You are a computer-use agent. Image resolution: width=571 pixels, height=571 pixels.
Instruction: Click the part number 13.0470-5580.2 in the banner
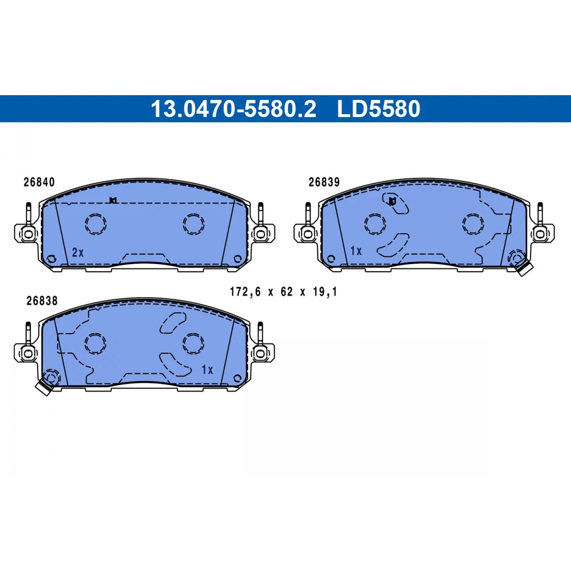[x=234, y=109]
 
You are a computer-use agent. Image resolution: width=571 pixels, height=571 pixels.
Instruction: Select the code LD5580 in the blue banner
[x=378, y=109]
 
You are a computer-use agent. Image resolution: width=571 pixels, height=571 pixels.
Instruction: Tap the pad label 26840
[x=39, y=182]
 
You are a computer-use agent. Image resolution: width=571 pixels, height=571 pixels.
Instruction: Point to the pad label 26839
[x=324, y=182]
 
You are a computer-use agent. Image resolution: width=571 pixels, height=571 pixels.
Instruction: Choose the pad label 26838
[x=42, y=301]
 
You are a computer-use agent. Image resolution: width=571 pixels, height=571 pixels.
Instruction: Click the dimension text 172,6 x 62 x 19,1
[x=284, y=292]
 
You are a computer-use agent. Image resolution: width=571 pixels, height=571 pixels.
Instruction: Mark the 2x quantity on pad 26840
[x=78, y=253]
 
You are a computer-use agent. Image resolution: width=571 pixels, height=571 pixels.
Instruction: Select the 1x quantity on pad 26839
[x=356, y=251]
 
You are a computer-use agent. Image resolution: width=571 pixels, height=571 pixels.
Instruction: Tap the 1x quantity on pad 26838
[x=207, y=370]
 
